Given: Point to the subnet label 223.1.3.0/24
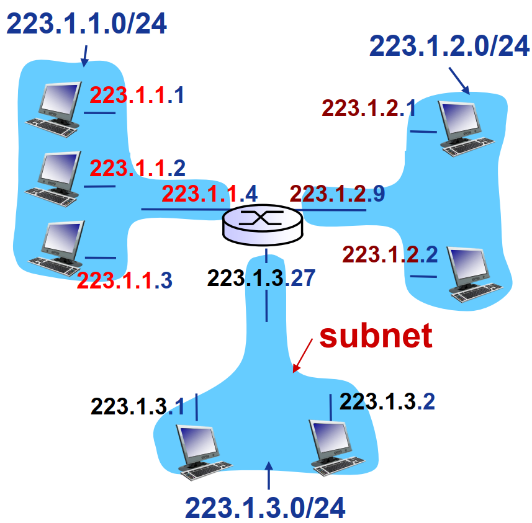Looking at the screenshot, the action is (265, 507).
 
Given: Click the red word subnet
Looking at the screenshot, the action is (376, 336).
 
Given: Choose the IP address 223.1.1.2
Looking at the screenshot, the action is (137, 168).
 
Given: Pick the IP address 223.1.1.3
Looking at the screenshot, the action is (124, 280).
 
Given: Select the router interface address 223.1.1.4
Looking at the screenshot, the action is (209, 193).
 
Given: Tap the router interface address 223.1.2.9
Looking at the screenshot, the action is (337, 194).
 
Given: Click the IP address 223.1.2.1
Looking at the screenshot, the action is (369, 109).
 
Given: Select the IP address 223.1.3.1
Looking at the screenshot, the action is (138, 406).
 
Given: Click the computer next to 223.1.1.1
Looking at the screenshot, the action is (54, 105).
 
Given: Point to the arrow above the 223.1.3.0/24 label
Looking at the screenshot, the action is (269, 476).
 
